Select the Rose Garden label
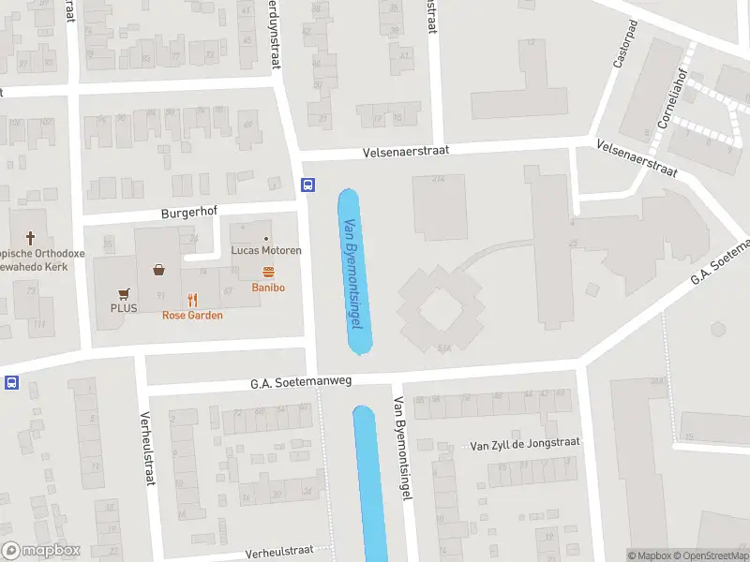192,316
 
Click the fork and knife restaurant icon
192,300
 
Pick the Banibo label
268,288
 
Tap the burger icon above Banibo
268,273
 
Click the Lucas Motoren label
266,251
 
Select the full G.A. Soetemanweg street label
300,383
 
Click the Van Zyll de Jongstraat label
525,443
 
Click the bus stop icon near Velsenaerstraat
307,185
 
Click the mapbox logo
41,551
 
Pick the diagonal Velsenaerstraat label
637,158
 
